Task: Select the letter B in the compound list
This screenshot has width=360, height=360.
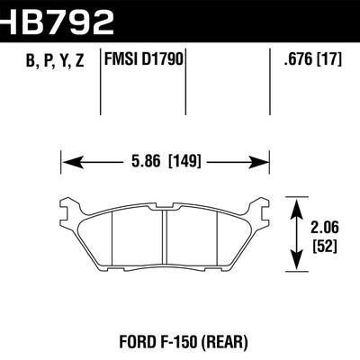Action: coord(21,62)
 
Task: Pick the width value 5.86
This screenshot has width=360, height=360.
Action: coord(147,164)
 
